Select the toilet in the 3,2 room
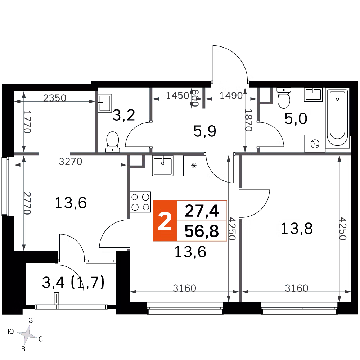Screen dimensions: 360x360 click(x=112, y=141)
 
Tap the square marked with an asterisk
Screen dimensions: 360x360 click(x=194, y=166)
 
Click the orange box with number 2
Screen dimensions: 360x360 click(x=165, y=221)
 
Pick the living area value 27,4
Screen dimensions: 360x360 click(x=202, y=210)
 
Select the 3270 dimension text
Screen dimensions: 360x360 click(x=71, y=162)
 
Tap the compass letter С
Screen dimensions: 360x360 click(x=41, y=339)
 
